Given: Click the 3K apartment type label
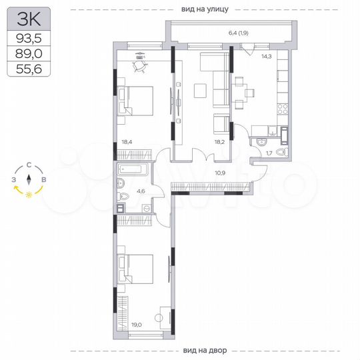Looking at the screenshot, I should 27,19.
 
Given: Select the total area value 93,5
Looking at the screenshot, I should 27,39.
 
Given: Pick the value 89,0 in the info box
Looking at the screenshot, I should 27,55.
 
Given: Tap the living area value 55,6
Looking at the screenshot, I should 27,70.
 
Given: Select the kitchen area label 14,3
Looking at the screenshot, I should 266,57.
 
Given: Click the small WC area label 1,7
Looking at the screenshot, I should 269,153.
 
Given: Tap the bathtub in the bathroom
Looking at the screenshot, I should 131,169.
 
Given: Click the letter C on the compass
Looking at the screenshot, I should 29,167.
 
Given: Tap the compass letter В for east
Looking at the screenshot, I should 43,180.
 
